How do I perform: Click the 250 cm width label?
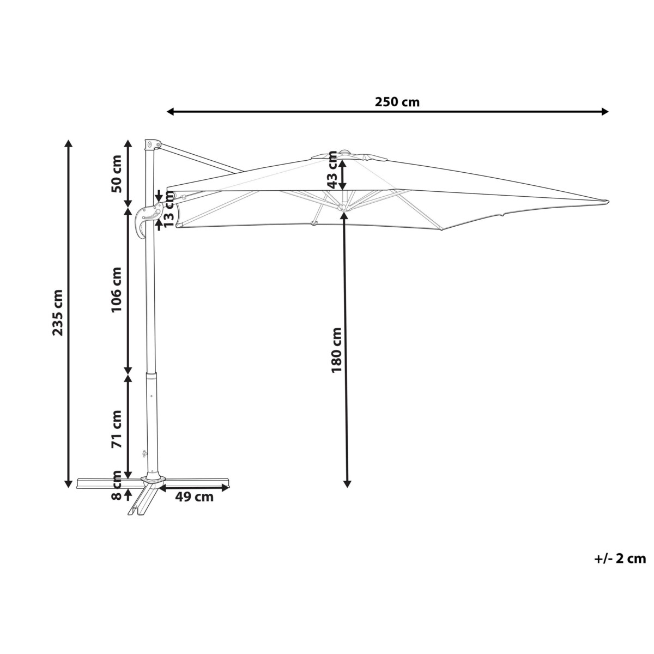pos(397,102)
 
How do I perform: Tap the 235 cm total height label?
pos(59,312)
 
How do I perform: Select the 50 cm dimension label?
pos(116,174)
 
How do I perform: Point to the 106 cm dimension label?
pos(116,289)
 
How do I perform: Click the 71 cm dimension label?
pos(116,428)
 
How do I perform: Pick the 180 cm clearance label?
pos(336,350)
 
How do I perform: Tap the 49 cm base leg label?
pos(195,496)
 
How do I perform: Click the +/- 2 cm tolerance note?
pos(619,558)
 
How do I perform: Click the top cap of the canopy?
pos(344,154)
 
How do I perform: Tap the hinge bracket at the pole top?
pos(151,145)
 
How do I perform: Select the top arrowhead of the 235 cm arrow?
pos(69,143)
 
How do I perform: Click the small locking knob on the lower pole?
pos(144,453)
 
